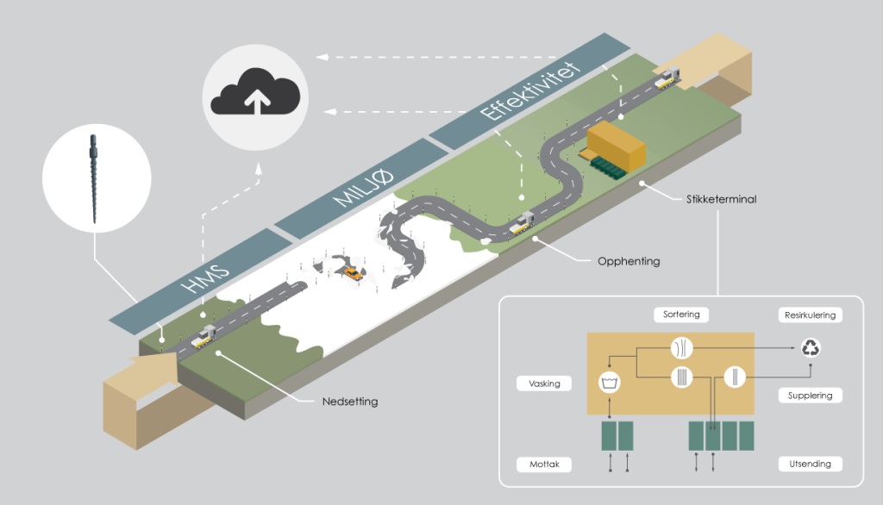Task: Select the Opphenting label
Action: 629,261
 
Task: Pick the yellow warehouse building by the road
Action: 617,145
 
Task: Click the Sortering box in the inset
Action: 681,315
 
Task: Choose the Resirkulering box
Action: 810,315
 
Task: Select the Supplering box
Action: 810,396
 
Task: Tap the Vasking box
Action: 546,383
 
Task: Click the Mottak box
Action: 545,464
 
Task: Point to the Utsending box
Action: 810,464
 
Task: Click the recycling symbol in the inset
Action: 811,349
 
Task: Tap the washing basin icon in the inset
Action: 611,381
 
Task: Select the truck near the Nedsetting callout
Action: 204,340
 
